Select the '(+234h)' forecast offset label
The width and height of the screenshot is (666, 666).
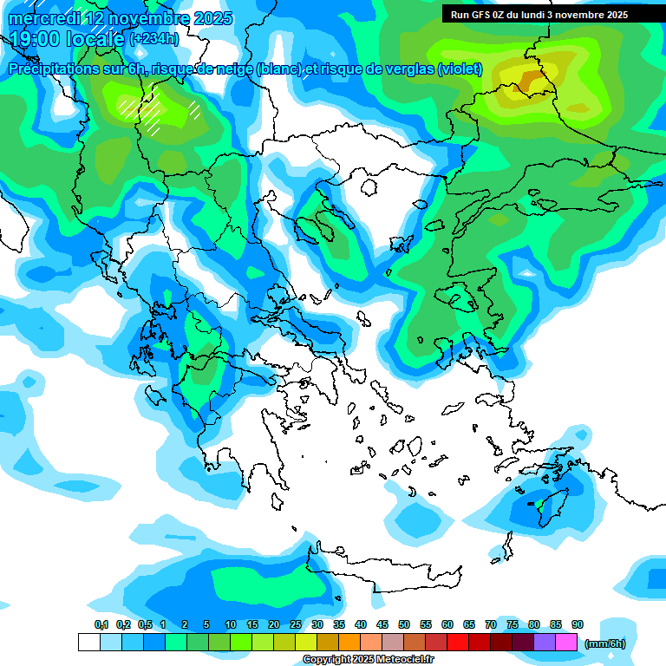(153, 39)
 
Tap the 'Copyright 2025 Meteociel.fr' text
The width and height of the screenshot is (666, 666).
(368, 660)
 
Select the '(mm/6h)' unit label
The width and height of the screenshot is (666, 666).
(604, 643)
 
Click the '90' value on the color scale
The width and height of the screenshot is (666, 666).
(578, 624)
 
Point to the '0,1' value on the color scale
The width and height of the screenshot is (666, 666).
(101, 624)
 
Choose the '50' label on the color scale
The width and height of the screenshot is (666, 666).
(404, 624)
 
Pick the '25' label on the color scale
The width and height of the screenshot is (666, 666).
(296, 624)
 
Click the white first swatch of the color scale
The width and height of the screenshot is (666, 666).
(88, 642)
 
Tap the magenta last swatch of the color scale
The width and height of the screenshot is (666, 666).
(566, 642)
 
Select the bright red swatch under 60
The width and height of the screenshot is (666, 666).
(458, 642)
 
